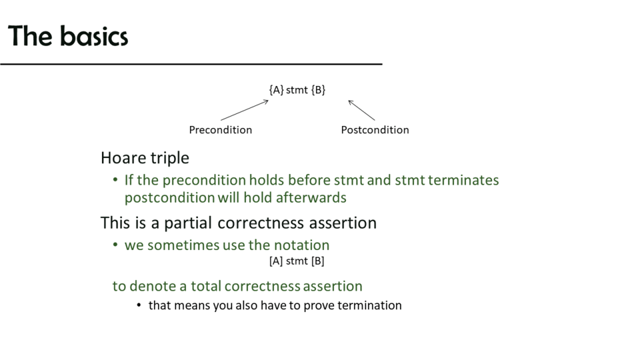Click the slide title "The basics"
pyautogui.click(x=68, y=36)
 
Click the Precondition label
pyautogui.click(x=221, y=130)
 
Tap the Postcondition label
pyautogui.click(x=375, y=130)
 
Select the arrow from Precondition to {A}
pyautogui.click(x=245, y=110)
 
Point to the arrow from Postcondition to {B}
pyautogui.click(x=361, y=110)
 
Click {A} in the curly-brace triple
pyautogui.click(x=276, y=90)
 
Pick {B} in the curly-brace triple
pyautogui.click(x=318, y=90)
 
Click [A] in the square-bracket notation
pyautogui.click(x=276, y=261)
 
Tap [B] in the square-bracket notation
pyautogui.click(x=317, y=261)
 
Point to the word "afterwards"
pyautogui.click(x=311, y=197)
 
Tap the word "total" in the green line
pyautogui.click(x=206, y=286)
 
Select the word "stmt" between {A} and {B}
pyautogui.click(x=297, y=90)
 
